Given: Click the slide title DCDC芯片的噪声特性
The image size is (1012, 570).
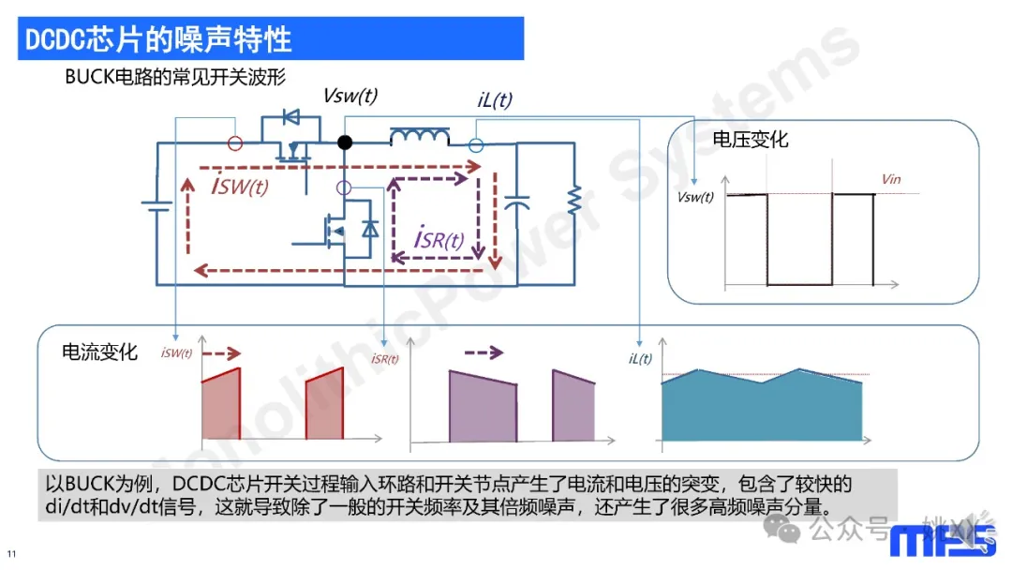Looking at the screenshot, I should point(157,39).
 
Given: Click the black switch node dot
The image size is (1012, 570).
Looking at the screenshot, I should point(345,142).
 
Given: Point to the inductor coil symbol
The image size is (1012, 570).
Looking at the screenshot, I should point(419,139).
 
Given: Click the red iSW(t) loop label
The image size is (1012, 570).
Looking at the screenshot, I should point(240,187).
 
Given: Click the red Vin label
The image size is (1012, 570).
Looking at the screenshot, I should point(891,179).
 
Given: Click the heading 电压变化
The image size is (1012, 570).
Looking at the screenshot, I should point(751,140).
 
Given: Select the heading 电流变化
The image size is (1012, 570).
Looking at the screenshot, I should point(99,352).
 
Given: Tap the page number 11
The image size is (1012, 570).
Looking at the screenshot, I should point(12,551).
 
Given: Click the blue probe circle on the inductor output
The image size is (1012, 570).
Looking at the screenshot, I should point(475,145).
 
